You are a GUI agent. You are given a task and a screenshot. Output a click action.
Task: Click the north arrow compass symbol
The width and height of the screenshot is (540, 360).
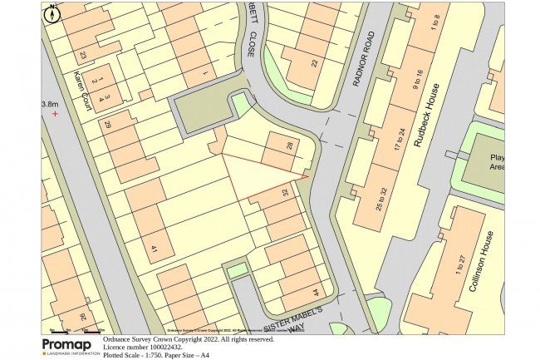pyautogui.click(x=53, y=13)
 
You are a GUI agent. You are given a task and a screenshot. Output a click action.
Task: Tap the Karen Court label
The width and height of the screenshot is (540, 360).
pyautogui.click(x=81, y=89)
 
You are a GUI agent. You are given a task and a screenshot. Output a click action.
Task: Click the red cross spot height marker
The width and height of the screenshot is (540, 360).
pyautogui.click(x=55, y=113)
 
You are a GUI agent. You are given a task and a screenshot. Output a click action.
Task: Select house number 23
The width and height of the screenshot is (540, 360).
pyautogui.click(x=83, y=56)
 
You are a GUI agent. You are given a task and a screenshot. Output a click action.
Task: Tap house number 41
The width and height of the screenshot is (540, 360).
pyautogui.click(x=154, y=247)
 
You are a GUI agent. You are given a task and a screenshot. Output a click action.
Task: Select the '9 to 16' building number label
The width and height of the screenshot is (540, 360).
pyautogui.click(x=419, y=83)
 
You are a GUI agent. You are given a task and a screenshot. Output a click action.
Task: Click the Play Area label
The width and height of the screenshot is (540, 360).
pyautogui.click(x=498, y=162)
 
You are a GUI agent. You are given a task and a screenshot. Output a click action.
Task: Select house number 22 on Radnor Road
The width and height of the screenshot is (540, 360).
pyautogui.click(x=314, y=64)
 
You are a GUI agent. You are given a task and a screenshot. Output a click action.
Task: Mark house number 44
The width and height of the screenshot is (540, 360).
pyautogui.click(x=315, y=293)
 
